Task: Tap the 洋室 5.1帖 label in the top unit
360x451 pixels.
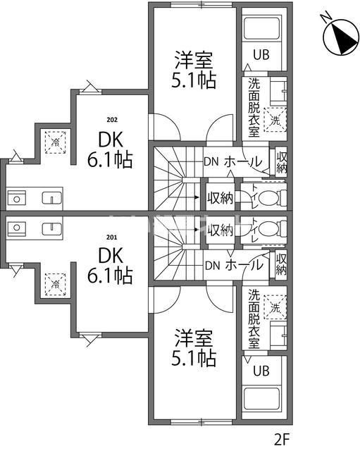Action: (x=193, y=70)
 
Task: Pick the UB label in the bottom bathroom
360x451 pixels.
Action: (x=261, y=371)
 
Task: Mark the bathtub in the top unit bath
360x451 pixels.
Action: (x=262, y=29)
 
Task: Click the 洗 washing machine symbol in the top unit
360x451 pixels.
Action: (x=275, y=119)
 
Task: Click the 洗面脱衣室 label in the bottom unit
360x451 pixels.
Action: (x=253, y=320)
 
